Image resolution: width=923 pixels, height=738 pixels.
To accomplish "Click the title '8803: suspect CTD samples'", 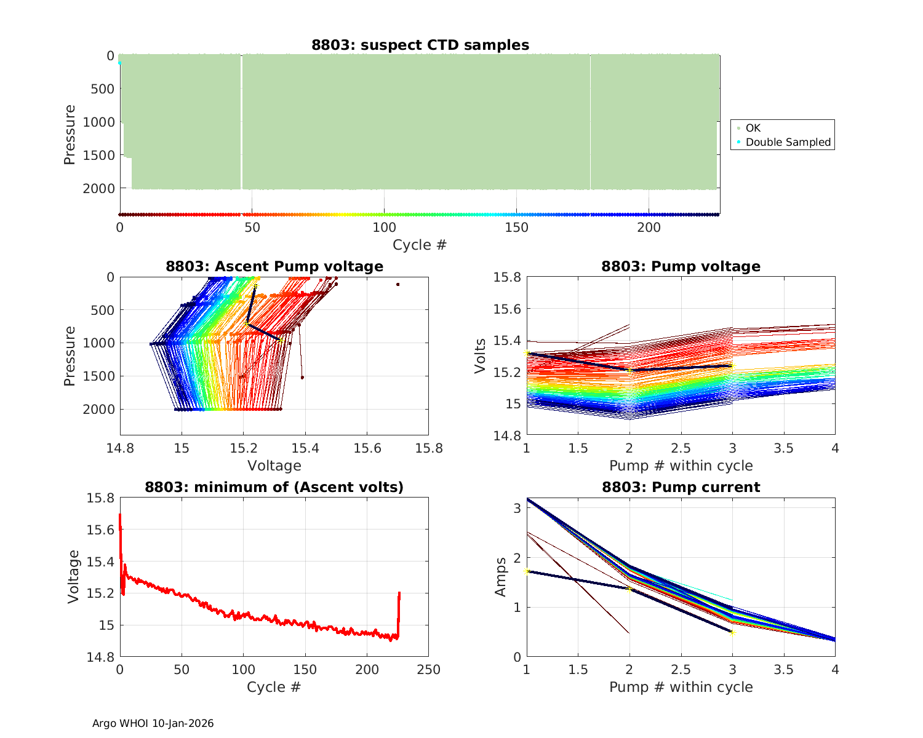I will (x=420, y=45).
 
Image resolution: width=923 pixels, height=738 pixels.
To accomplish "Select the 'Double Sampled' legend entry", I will (x=788, y=142).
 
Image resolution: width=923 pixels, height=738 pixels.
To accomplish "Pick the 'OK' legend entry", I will (x=753, y=128).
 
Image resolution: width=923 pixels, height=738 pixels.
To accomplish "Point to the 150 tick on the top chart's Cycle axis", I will (x=516, y=228).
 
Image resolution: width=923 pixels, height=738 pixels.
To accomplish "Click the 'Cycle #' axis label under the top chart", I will (x=420, y=245).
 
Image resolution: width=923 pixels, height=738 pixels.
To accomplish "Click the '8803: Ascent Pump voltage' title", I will (x=274, y=266).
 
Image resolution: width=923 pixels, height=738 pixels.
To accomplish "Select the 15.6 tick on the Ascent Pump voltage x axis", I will (x=367, y=448).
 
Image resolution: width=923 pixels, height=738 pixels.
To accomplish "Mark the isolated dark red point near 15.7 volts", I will (x=398, y=284).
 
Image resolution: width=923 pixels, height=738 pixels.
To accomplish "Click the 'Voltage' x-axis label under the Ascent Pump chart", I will (x=274, y=466).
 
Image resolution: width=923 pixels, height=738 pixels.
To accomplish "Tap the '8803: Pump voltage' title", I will (x=681, y=266).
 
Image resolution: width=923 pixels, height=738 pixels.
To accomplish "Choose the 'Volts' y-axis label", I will (x=481, y=356).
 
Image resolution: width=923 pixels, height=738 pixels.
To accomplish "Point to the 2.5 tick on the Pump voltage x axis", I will (x=681, y=448).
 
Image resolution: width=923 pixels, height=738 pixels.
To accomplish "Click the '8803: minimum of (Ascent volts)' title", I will (x=274, y=487).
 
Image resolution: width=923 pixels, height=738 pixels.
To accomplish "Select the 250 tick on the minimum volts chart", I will (x=428, y=669).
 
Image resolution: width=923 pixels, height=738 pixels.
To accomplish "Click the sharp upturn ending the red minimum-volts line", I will (x=399, y=594).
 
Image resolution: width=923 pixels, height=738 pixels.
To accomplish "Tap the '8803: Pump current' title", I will (x=681, y=487).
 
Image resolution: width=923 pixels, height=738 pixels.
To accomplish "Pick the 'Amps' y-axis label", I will (x=501, y=576).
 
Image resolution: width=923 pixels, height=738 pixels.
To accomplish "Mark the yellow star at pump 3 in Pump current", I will (x=732, y=632).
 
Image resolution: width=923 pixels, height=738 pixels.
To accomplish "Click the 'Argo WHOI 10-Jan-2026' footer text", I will (x=153, y=723).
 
